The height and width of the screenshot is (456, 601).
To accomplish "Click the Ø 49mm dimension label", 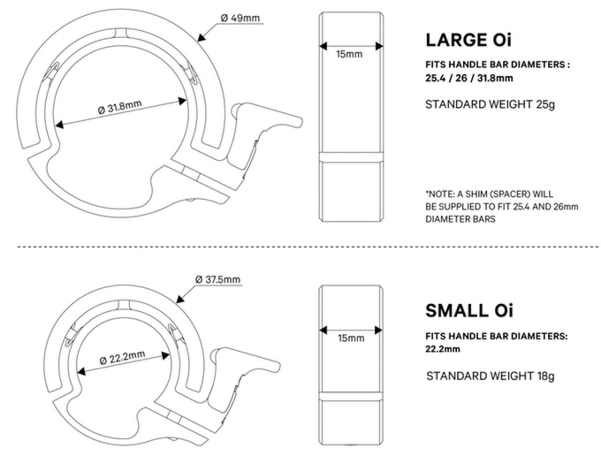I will click(240, 18).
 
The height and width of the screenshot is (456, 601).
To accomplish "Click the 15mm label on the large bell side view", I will click(349, 54).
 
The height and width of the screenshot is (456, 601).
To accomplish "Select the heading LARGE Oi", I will click(468, 40).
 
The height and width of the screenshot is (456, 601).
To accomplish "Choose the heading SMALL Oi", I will click(469, 311).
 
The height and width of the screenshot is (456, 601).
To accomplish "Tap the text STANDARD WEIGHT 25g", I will click(490, 105).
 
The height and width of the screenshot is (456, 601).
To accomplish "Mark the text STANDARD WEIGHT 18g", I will click(490, 376).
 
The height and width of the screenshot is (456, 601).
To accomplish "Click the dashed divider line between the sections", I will click(300, 247).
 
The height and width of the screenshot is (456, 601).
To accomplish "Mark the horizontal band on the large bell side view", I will click(351, 157).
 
